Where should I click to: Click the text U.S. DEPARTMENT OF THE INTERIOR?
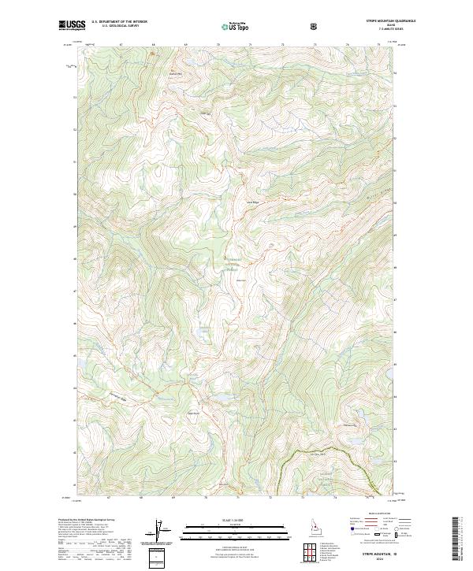click(x=118, y=23)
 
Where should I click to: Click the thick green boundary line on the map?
click(x=315, y=453)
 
